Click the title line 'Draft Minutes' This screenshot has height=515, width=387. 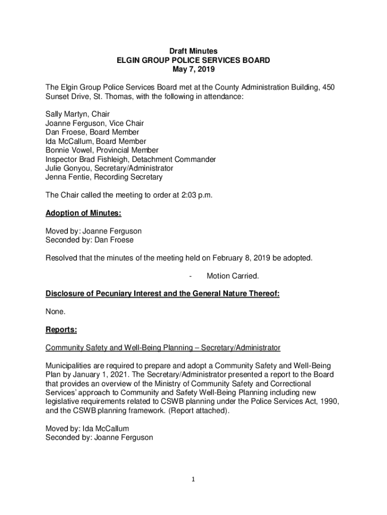point(193,51)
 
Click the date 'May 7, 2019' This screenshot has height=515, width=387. point(193,69)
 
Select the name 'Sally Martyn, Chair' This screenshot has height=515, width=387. point(77,114)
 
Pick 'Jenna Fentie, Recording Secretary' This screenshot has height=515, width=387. point(104,178)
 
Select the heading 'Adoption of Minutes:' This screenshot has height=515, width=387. point(83,213)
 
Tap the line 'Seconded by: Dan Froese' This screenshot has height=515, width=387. point(89,240)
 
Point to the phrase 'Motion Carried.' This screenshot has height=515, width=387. point(233,276)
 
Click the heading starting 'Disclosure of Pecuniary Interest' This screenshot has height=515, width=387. point(162,294)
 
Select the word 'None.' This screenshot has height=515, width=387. point(55,312)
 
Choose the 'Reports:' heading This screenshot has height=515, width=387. point(61,330)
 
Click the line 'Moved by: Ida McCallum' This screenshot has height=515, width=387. point(87,428)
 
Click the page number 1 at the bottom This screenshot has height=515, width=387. point(193,479)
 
